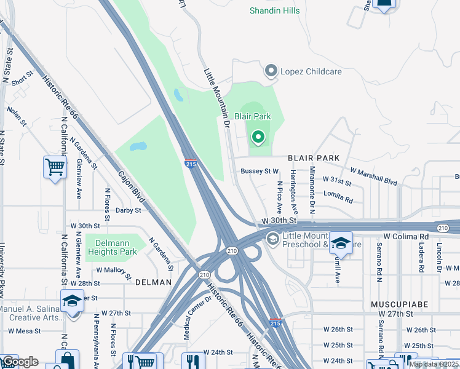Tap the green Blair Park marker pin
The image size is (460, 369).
(258, 137)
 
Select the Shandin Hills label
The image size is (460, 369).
(274, 10)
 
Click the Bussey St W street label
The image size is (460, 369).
(260, 172)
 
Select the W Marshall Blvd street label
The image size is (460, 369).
(373, 177)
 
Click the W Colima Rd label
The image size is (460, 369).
(405, 237)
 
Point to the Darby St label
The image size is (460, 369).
(128, 210)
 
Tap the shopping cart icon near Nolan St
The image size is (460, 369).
(55, 166)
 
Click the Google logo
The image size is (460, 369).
(20, 362)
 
